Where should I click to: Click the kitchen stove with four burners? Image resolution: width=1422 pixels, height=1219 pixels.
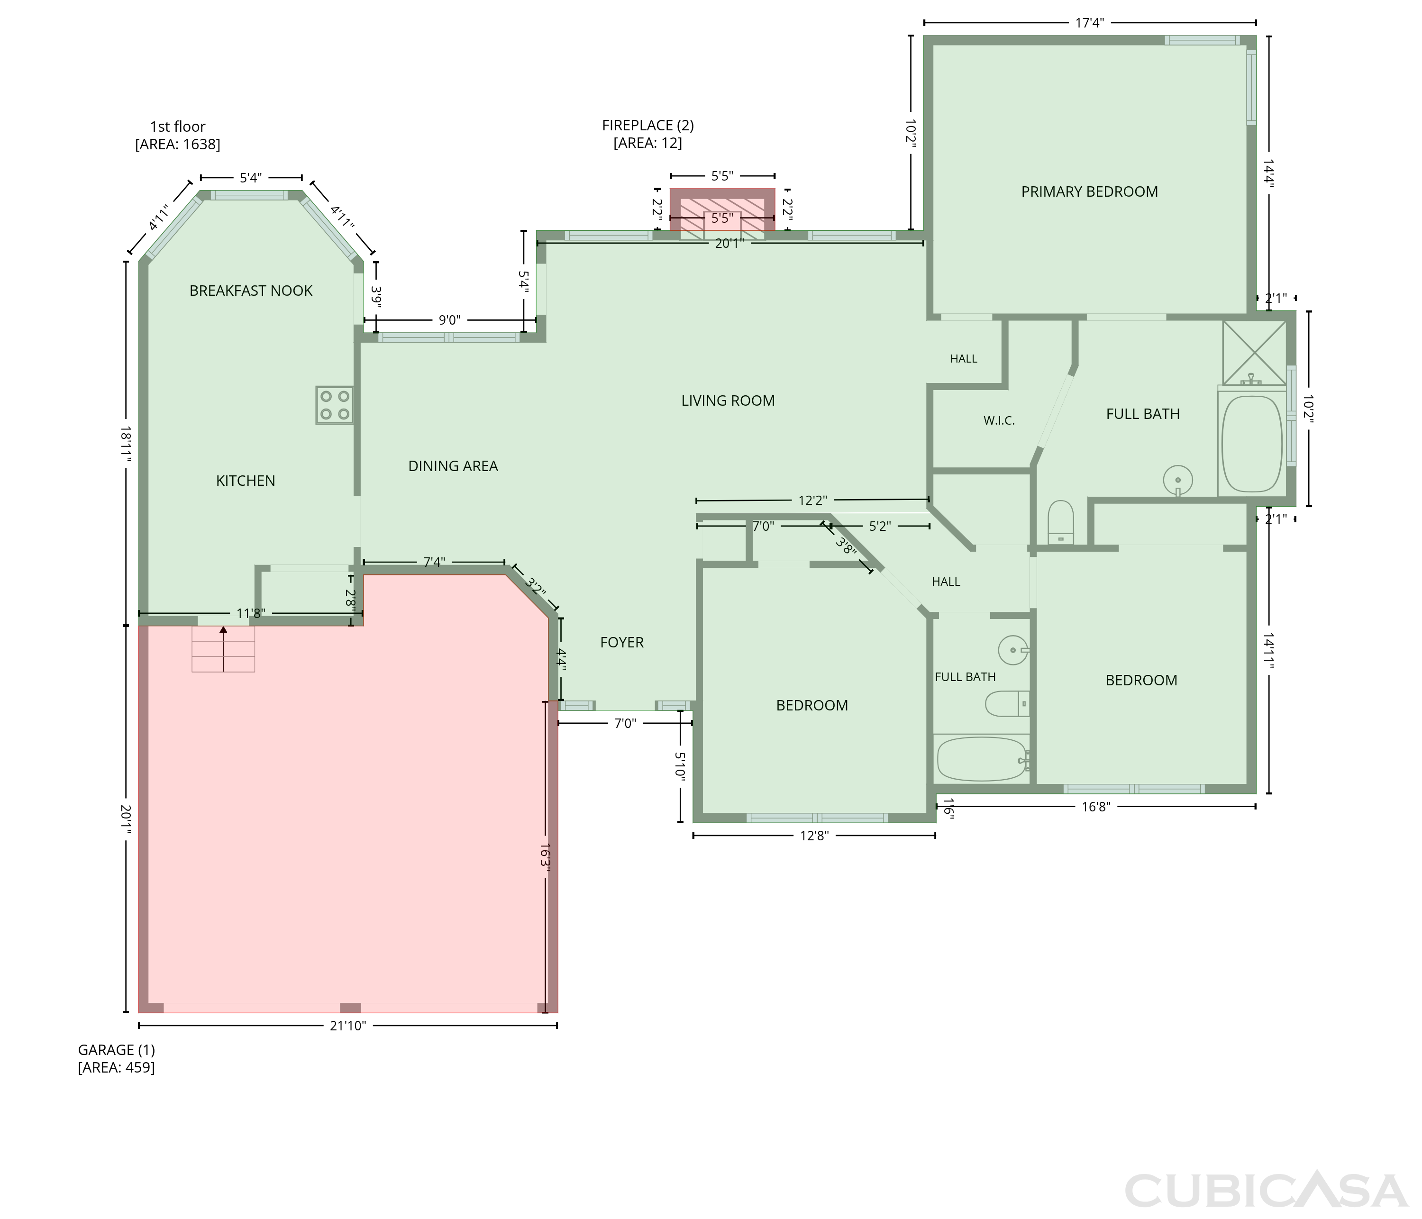334,405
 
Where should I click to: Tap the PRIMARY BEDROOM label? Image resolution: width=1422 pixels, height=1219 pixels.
1089,192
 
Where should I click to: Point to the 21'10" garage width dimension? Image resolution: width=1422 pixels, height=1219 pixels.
348,1026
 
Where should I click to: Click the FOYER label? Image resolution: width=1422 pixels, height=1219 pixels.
622,643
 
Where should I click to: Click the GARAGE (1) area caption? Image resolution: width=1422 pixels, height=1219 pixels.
116,1058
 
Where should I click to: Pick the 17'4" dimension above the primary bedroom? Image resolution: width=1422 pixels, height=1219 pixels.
1089,23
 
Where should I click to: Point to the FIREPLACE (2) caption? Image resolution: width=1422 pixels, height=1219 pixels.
648,134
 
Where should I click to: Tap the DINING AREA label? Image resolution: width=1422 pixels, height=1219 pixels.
453,466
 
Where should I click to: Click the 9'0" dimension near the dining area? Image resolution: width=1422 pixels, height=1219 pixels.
449,320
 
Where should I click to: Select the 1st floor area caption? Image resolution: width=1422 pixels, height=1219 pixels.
178,135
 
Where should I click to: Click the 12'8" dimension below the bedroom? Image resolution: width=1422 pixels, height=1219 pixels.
814,835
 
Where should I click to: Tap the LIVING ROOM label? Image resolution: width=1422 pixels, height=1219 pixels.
728,401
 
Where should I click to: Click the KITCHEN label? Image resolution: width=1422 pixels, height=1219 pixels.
246,481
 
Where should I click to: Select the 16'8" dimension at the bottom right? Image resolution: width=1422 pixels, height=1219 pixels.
1096,807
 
